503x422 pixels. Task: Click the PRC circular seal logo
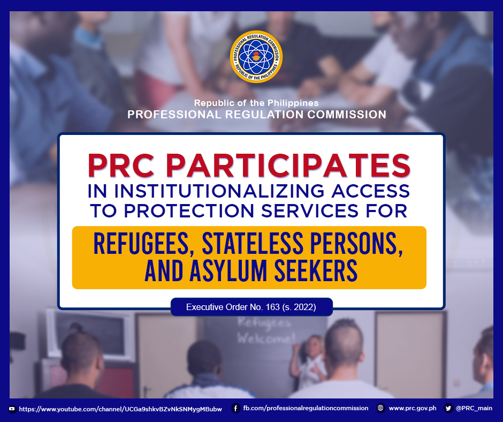coord(256,57)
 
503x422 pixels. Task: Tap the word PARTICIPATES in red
coord(288,165)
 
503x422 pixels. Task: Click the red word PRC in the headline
coord(121,165)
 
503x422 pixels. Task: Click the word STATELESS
coord(253,244)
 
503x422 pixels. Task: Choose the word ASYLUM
coord(228,271)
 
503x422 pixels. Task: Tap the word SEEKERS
coord(316,271)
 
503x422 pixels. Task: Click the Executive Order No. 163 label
coord(251,307)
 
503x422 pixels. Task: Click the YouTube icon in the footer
coord(12,409)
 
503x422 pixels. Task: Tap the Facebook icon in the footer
coord(236,408)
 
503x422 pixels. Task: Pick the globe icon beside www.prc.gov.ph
coord(380,408)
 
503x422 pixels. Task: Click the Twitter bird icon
coord(448,408)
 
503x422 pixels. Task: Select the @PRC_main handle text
coord(474,408)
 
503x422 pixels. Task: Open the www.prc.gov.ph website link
coord(413,408)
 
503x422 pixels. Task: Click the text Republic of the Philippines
coord(256,103)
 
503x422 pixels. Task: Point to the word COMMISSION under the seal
coord(347,115)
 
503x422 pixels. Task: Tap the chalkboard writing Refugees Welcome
coord(265,330)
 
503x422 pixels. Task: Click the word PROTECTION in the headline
coord(189,211)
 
